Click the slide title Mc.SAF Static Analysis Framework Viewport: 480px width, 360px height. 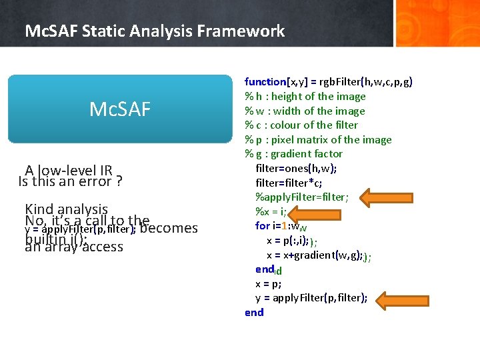pos(154,31)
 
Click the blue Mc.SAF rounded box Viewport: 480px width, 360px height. pos(120,109)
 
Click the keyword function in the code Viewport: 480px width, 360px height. pos(265,82)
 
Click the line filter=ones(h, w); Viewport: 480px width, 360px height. pos(296,168)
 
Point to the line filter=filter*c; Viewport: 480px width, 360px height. pos(286,183)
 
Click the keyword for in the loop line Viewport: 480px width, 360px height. pos(262,226)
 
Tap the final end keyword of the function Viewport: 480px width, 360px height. pos(254,313)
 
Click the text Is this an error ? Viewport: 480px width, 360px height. pos(73,181)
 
